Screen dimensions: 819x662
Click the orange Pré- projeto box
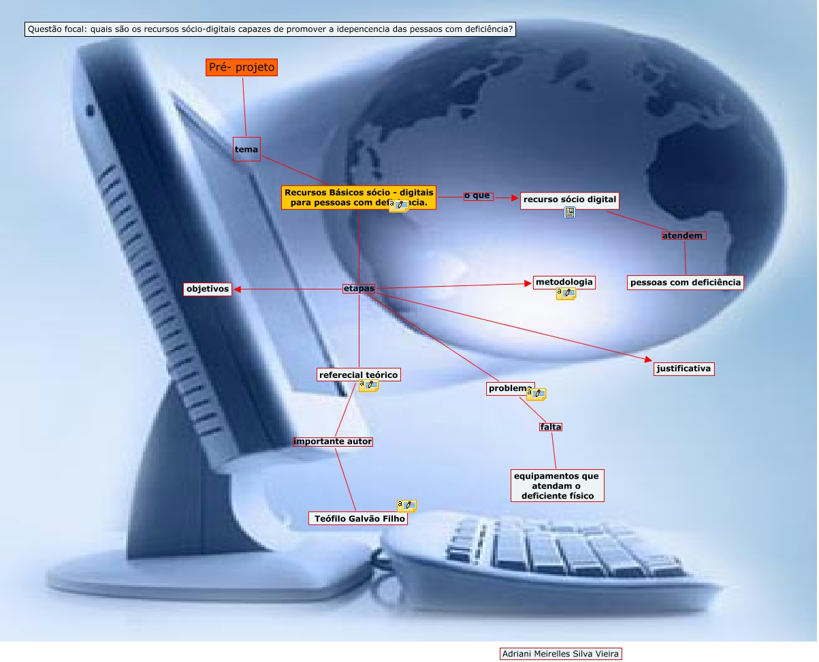242,67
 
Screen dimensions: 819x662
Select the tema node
246,148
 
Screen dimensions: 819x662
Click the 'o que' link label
478,196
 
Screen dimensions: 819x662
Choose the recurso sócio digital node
570,200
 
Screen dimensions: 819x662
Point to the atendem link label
684,236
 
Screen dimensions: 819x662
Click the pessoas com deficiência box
684,282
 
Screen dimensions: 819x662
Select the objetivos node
208,289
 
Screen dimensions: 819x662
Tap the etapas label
359,289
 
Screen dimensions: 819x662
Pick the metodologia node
564,282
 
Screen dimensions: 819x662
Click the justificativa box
684,368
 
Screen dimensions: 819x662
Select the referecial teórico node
359,375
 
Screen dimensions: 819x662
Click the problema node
510,388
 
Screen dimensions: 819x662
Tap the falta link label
550,427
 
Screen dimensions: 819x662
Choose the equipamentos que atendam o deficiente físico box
557,486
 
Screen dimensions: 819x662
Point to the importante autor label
333,441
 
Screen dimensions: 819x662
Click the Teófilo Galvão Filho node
358,518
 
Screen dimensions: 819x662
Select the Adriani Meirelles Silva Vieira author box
561,654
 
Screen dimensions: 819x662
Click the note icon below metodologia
566,294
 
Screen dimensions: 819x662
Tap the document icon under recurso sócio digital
570,213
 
